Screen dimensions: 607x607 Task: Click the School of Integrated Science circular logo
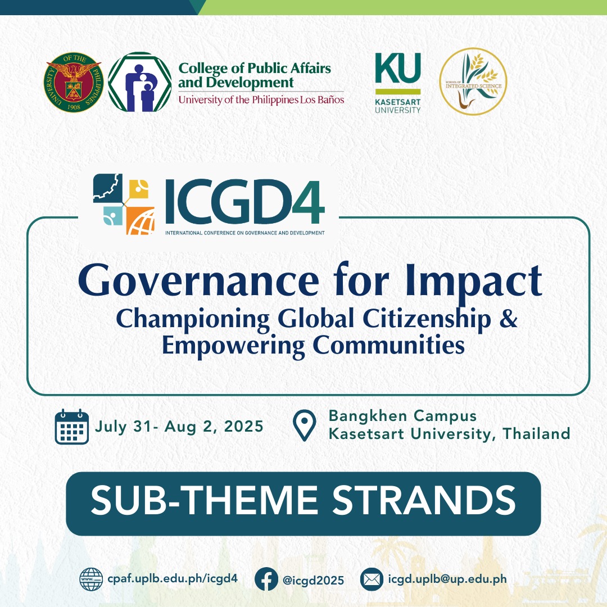click(473, 81)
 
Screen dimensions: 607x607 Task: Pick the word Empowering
click(233, 345)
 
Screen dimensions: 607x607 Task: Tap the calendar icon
click(72, 427)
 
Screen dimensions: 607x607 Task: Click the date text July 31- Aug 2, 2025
click(179, 427)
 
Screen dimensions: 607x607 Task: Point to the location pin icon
click(305, 426)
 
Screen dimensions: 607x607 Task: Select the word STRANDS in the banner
click(423, 501)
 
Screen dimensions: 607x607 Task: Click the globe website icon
click(91, 579)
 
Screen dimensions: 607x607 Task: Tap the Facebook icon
click(266, 579)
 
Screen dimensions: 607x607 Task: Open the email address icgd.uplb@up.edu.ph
click(447, 579)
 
